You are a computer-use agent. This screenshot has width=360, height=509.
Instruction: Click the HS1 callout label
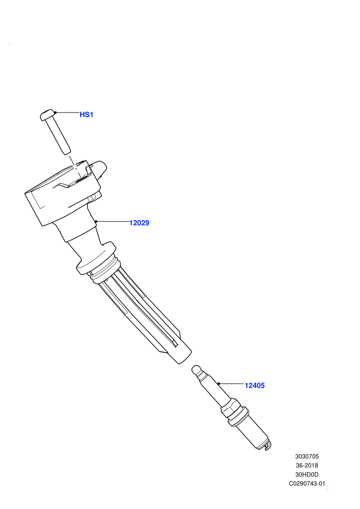coord(86,115)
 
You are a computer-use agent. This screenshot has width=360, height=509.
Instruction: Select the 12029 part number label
coord(139,223)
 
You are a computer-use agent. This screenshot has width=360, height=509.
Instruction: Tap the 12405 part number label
coord(255,385)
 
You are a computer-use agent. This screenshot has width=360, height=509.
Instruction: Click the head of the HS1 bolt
coord(47,115)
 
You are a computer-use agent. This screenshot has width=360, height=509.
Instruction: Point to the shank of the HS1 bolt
coord(58,135)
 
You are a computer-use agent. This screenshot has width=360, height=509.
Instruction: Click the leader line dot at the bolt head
coord(56,113)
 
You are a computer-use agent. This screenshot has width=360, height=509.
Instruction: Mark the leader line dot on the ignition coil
coord(96,222)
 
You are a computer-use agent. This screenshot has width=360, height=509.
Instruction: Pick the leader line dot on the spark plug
coord(219,384)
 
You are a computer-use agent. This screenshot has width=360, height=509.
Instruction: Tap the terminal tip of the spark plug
coord(197,370)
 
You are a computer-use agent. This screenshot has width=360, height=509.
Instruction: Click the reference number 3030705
coord(307,457)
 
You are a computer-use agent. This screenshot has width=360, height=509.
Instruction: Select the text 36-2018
coord(307,465)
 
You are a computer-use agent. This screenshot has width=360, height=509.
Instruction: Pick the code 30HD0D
coord(307,475)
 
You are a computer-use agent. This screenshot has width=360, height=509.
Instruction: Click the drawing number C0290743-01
coord(307,484)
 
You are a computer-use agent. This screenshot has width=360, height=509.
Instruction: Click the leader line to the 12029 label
coord(113,222)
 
